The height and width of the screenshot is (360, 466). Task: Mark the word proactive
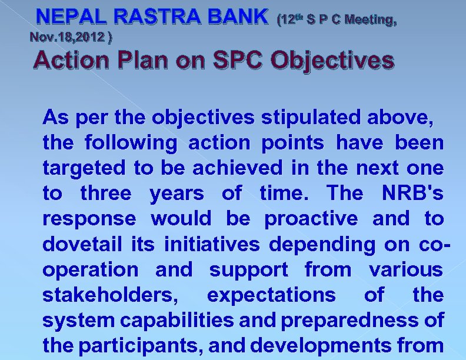pos(311,219)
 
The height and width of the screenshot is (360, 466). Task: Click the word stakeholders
pos(108,295)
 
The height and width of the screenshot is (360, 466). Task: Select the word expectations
pos(271,295)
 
